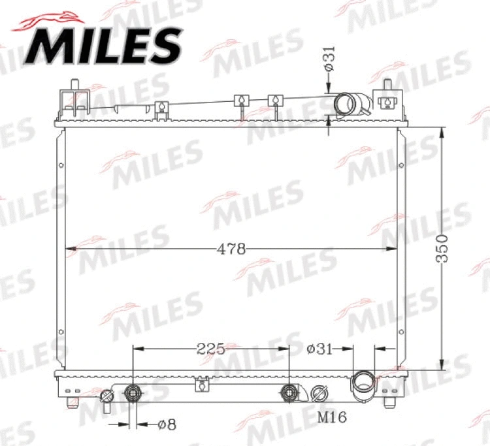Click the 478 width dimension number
pos(231,249)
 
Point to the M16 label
pos(332,417)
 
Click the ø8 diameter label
pos(167,424)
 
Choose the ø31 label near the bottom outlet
pos(320,349)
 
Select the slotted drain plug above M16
pos(319,394)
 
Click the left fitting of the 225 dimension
pos(133,393)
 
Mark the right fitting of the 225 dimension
pos(288,393)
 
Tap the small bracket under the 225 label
pos(203,383)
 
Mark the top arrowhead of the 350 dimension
pos(443,130)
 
